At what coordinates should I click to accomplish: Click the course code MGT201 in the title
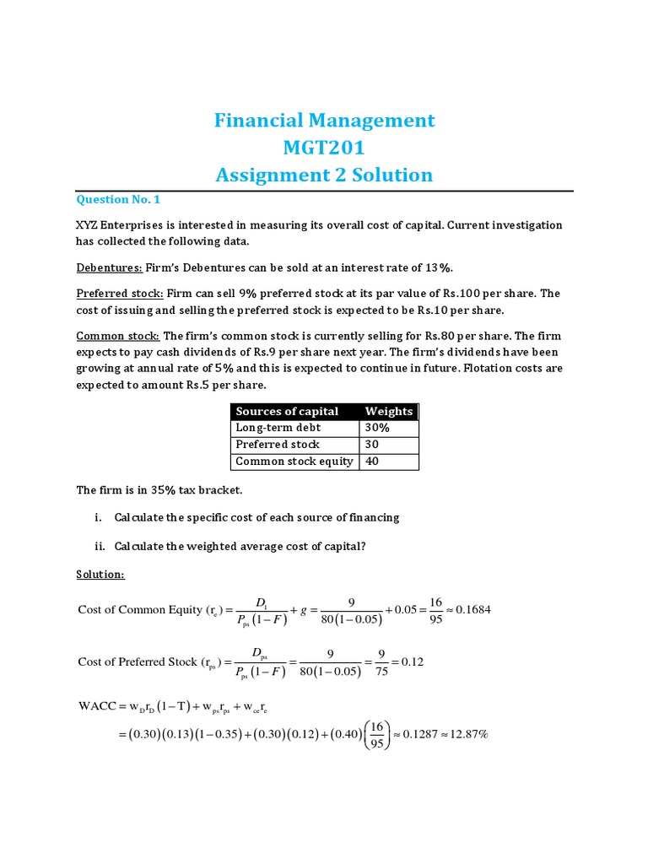(324, 148)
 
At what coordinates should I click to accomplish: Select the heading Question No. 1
(117, 200)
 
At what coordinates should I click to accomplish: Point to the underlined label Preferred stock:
(120, 293)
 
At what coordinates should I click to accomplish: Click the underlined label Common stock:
(116, 335)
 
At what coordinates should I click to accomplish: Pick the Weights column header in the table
(388, 412)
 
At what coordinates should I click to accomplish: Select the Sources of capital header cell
(287, 412)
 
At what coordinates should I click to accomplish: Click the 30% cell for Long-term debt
(377, 428)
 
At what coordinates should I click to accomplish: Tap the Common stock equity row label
(294, 462)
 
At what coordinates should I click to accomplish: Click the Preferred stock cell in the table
(278, 445)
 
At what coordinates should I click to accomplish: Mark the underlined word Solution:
(100, 574)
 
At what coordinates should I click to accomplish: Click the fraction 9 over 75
(381, 662)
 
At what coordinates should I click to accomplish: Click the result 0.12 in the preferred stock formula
(412, 662)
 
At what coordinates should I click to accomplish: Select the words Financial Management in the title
(324, 121)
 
